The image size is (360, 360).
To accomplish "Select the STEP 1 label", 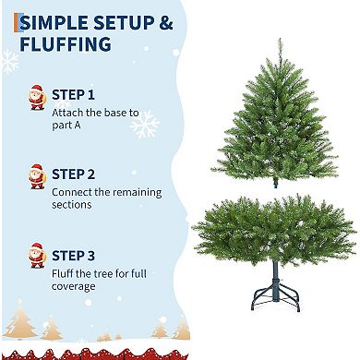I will click(73, 94).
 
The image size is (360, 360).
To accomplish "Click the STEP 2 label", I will click(73, 174).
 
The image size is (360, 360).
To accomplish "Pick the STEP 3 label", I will click(73, 254).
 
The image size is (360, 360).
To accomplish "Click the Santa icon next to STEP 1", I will click(37, 97).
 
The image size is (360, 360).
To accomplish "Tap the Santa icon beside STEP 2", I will click(37, 176).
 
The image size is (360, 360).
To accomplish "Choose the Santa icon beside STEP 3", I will click(37, 256).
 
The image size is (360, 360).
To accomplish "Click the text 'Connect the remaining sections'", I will click(106, 198).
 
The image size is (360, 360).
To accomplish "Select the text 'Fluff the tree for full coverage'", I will click(98, 280).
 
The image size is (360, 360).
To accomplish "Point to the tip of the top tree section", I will click(279, 42).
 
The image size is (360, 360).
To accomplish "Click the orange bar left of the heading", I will click(16, 23).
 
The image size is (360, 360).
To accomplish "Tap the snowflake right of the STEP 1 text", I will click(145, 123).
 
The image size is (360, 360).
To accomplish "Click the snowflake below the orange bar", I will click(9, 63).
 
